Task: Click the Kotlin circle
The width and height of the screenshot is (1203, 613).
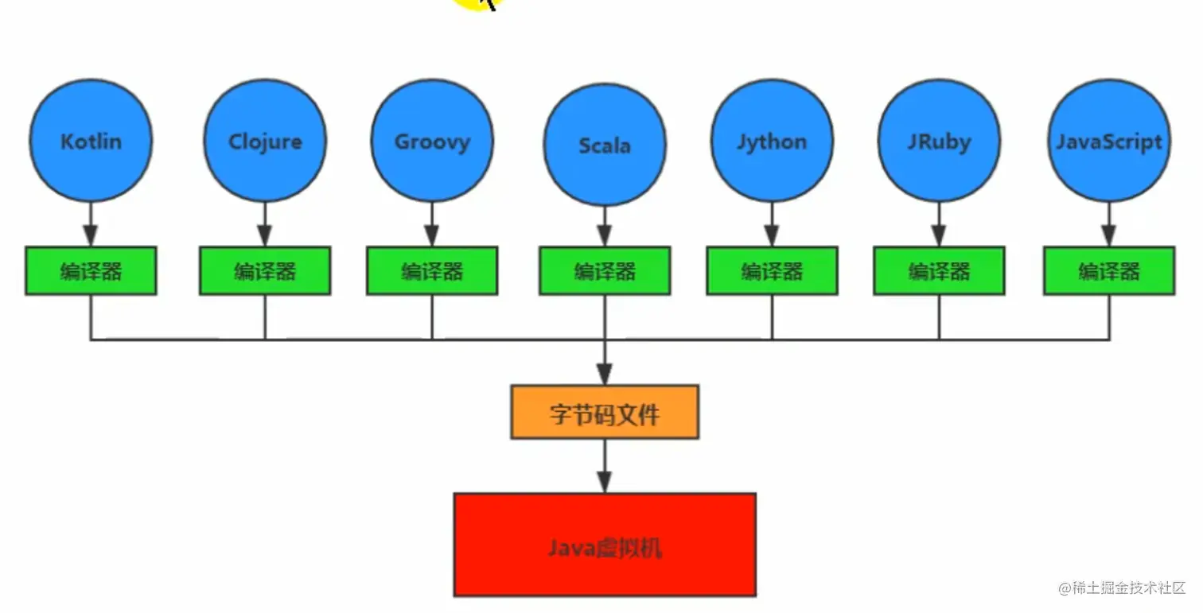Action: coord(91,142)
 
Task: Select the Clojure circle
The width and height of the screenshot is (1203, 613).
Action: coord(265,142)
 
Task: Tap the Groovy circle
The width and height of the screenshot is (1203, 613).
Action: coord(432,142)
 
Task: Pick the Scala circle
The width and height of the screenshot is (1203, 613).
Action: coord(605,145)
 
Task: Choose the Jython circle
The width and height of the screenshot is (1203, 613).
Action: coord(772,142)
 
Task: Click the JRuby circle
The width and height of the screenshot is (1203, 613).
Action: coord(939,142)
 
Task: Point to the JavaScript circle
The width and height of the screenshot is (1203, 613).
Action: coord(1108,142)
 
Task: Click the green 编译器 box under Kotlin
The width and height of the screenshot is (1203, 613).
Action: coord(91,271)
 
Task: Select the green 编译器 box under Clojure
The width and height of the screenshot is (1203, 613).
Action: coord(265,271)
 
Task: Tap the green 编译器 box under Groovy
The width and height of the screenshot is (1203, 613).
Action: coord(432,271)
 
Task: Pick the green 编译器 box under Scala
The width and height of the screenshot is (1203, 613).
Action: coord(605,271)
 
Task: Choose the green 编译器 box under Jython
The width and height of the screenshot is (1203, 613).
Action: coord(772,271)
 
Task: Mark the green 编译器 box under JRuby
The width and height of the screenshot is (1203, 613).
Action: coord(939,271)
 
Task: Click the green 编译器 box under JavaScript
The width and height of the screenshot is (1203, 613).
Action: coord(1108,271)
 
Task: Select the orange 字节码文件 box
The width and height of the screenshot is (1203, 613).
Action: coord(605,413)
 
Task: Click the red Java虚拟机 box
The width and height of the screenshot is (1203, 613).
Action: coord(605,545)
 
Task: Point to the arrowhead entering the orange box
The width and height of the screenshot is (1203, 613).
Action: coord(605,374)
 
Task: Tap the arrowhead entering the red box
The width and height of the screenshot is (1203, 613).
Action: coord(605,482)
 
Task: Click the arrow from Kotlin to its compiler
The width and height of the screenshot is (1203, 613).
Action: coord(91,224)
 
